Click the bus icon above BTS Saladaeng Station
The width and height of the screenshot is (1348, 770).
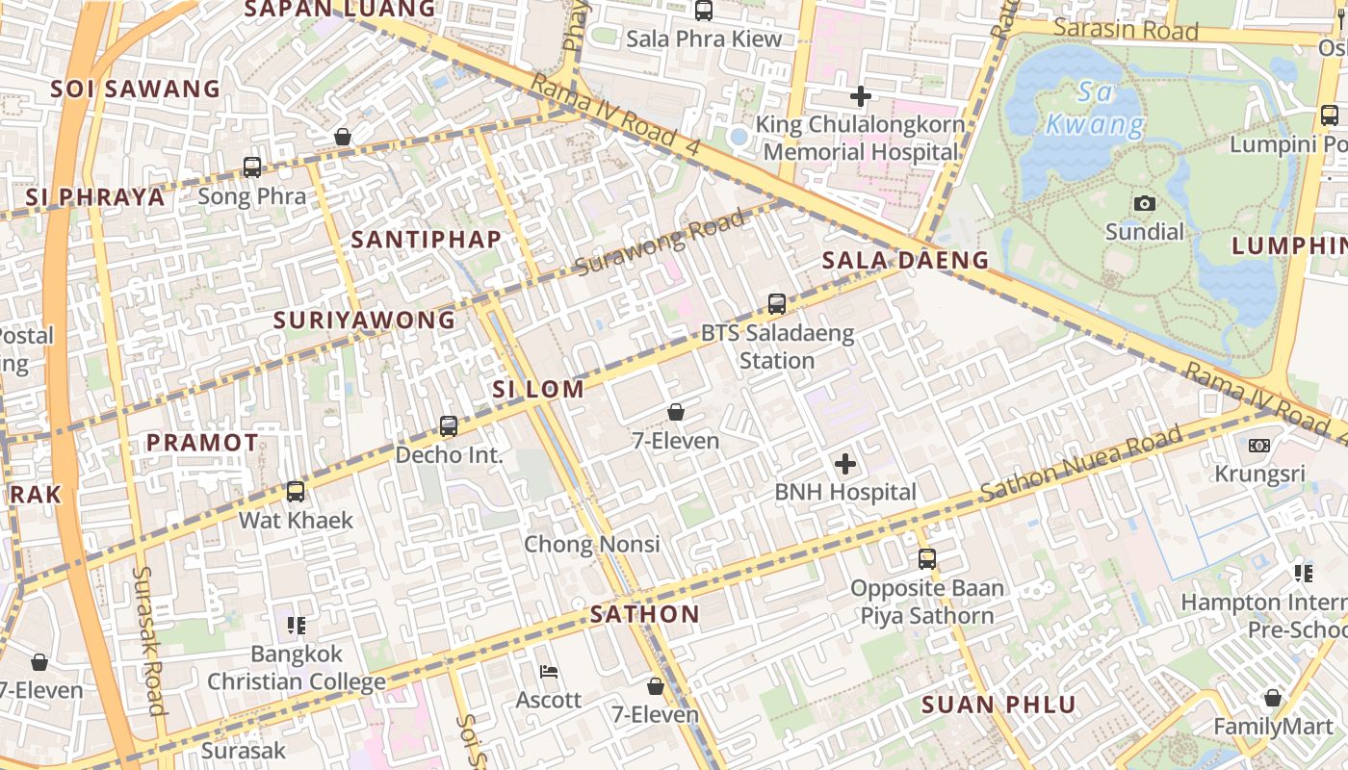point(777,304)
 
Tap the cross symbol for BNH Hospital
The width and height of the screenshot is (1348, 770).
point(845,465)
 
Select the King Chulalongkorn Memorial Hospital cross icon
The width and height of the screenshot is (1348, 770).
point(861,96)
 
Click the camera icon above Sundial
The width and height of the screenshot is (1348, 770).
point(1145,203)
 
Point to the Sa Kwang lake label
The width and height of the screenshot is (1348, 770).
point(1095,109)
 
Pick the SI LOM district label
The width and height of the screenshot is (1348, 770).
point(538,390)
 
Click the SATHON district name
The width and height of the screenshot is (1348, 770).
point(645,614)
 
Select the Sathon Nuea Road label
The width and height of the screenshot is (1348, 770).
point(1080,465)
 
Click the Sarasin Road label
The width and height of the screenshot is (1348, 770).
point(1126,29)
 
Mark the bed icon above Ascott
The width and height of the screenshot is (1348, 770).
point(549,671)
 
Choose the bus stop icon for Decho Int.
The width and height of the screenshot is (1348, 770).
point(449,425)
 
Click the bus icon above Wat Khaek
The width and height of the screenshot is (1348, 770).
point(296,492)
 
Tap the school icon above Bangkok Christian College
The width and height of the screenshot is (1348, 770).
point(297,626)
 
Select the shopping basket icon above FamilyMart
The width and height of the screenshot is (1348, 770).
point(1273,698)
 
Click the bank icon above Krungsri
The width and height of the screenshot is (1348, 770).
point(1259,446)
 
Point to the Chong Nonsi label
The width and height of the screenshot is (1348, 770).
point(592,545)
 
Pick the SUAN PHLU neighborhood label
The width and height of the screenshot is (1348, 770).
point(998,705)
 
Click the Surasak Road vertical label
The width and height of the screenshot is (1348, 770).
point(149,640)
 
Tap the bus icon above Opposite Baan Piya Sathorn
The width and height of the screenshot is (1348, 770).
point(926,558)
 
